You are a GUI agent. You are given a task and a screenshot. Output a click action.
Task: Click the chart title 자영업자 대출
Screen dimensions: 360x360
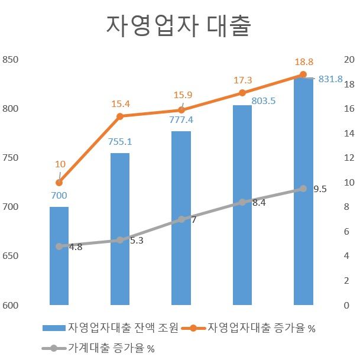click(179, 26)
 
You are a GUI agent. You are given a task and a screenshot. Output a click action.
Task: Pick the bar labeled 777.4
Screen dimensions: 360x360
click(181, 218)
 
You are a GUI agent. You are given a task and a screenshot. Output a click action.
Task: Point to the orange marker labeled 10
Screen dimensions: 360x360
click(59, 183)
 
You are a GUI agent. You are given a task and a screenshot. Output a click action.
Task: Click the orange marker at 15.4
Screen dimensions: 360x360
click(120, 116)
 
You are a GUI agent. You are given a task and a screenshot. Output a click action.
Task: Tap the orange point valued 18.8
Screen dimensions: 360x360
click(303, 74)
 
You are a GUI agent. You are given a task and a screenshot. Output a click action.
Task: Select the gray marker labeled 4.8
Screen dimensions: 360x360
click(59, 247)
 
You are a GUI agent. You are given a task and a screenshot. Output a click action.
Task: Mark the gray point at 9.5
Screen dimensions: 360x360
click(303, 189)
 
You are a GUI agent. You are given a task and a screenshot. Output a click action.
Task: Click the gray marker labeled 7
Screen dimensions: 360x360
click(181, 219)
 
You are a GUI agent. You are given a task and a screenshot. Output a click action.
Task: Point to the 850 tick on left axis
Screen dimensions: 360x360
click(11, 60)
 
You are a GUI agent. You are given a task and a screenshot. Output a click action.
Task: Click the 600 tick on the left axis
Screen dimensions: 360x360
click(11, 306)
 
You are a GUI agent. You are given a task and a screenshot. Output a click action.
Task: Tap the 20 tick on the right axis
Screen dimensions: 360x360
click(349, 60)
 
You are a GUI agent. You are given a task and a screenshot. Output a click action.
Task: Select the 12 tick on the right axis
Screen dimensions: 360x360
click(349, 158)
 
